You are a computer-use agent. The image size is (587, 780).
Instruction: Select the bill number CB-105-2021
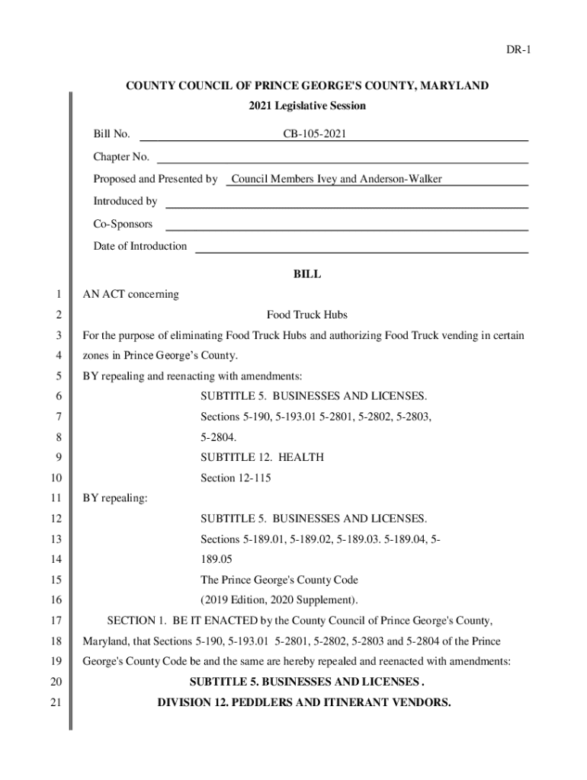[315, 135]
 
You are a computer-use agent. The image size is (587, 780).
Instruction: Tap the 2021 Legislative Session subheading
[307, 106]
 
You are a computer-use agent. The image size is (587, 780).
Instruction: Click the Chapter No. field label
[121, 157]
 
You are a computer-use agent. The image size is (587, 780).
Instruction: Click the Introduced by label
[125, 201]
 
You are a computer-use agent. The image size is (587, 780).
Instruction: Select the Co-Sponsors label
[123, 224]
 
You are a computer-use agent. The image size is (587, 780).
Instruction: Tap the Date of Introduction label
[140, 246]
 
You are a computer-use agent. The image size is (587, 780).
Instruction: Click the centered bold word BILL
[307, 274]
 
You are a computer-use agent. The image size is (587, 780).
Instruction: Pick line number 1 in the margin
[57, 295]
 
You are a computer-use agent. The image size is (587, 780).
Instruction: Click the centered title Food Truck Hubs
[307, 315]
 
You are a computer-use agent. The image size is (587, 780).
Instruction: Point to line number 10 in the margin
[55, 478]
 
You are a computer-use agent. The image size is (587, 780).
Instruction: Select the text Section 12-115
[236, 478]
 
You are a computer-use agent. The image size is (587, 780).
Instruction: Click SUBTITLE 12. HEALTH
[262, 457]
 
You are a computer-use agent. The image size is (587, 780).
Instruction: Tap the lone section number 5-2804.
[218, 437]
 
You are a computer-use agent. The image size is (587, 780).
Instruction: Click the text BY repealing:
[115, 498]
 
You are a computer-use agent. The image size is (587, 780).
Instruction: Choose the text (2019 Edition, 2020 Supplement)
[279, 599]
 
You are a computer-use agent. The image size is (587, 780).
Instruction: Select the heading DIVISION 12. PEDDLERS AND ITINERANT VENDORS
[304, 702]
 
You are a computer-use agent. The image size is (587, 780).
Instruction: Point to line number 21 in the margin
[55, 702]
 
